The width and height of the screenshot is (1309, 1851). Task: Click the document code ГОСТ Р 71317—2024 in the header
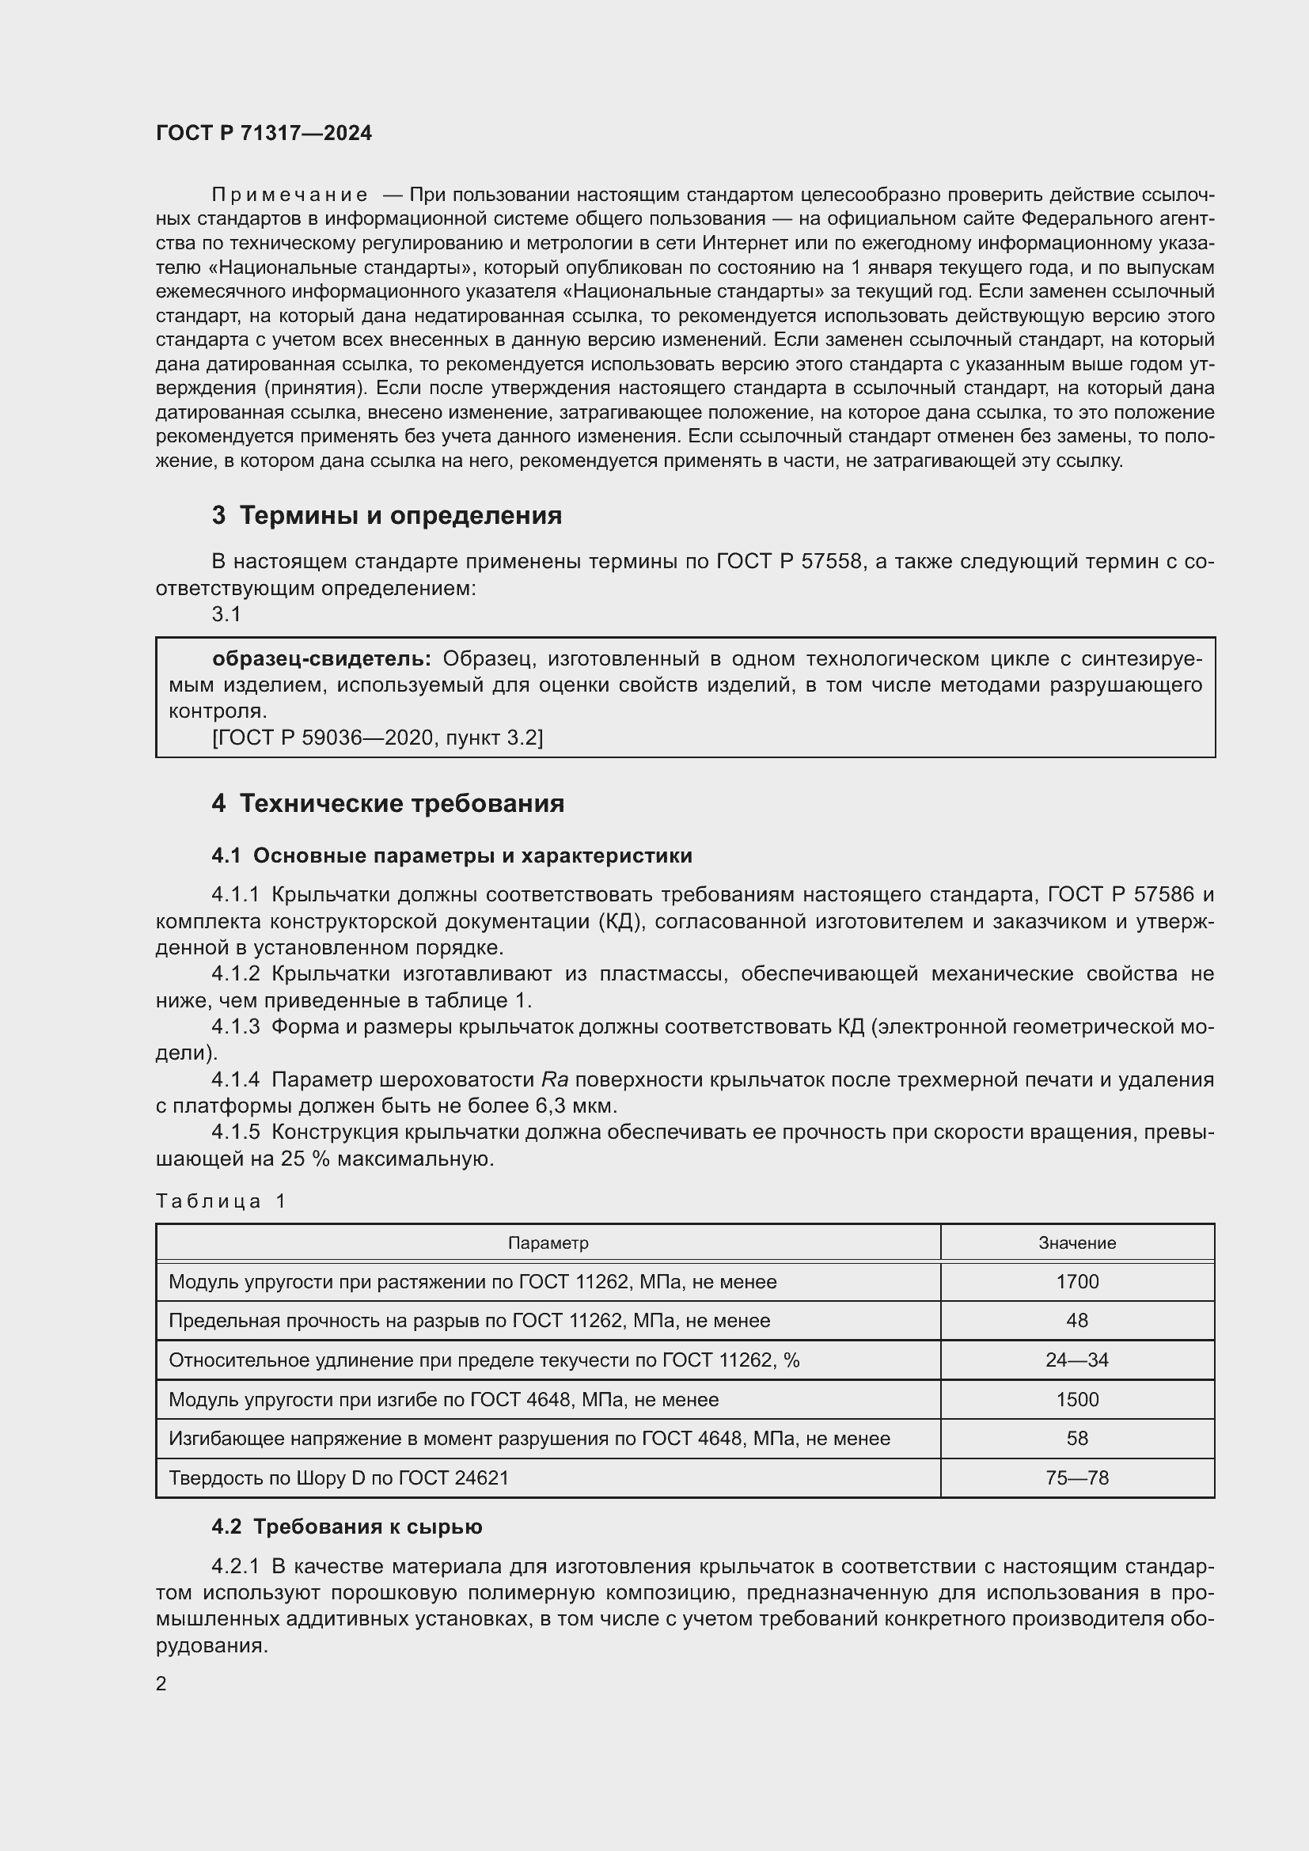pos(264,133)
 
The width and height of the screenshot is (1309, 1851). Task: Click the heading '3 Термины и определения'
pos(387,515)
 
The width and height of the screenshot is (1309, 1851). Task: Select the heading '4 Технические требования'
pos(388,804)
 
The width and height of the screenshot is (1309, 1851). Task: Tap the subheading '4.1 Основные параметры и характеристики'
pos(451,855)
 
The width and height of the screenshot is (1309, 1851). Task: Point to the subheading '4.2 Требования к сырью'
pos(347,1527)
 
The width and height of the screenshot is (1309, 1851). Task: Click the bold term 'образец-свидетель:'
pos(321,658)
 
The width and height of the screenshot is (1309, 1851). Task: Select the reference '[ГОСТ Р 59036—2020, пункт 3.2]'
pos(378,737)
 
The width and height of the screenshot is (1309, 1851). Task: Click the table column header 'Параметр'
pos(548,1242)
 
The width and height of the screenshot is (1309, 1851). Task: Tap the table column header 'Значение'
pos(1077,1242)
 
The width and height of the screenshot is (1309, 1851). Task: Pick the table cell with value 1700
pos(1077,1282)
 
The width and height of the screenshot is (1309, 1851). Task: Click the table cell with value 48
pos(1077,1321)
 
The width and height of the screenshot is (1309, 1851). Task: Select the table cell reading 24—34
pos(1077,1360)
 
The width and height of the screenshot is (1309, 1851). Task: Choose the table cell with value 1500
pos(1077,1400)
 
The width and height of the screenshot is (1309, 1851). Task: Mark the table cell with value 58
pos(1077,1438)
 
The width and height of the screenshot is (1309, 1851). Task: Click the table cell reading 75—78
pos(1077,1477)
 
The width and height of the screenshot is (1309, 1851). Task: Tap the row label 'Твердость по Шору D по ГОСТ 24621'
pos(339,1477)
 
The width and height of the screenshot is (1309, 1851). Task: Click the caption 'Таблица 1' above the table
pos(221,1201)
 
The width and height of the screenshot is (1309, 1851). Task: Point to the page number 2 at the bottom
pos(161,1683)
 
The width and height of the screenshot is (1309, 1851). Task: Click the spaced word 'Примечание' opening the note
pos(290,195)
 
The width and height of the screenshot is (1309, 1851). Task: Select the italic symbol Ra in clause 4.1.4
pos(555,1079)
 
